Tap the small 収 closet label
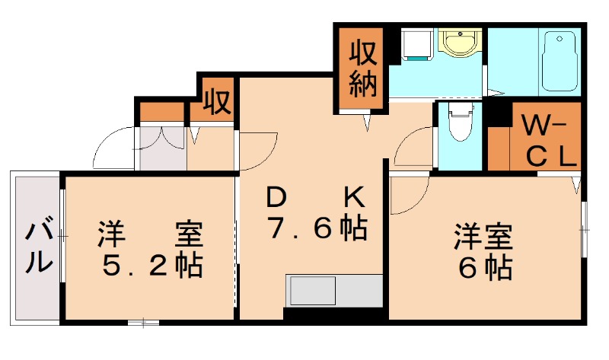(216, 101)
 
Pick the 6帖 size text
(483, 266)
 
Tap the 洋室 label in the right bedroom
(483, 234)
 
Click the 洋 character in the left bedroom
(113, 233)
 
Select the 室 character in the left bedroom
(189, 233)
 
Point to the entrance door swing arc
(114, 148)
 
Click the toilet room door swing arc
(415, 146)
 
